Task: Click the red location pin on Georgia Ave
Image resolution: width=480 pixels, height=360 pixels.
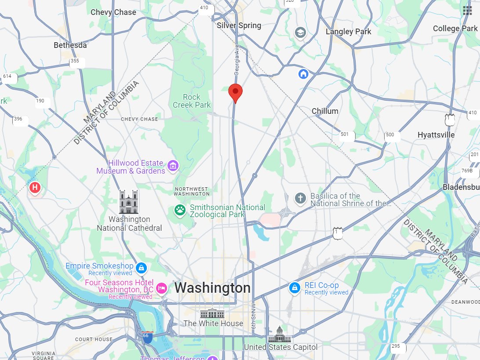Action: click(235, 92)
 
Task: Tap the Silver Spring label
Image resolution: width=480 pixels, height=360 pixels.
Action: click(239, 25)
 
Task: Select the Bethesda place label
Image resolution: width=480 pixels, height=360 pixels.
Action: click(70, 45)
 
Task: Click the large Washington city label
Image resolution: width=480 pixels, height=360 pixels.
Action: click(213, 288)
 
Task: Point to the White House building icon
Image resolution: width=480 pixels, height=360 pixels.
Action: click(212, 314)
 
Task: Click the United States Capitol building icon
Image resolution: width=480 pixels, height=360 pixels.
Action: click(280, 334)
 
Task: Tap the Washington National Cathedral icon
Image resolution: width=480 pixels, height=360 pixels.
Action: click(129, 202)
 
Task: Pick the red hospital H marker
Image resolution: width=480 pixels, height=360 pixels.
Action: click(35, 188)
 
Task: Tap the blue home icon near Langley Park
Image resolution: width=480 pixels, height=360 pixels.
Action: click(303, 73)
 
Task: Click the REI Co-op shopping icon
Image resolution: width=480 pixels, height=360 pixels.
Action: click(295, 288)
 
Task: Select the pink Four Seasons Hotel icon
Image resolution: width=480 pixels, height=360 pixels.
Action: click(161, 288)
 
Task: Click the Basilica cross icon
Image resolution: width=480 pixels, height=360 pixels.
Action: click(300, 198)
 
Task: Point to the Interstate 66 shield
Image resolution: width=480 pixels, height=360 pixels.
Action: click(148, 337)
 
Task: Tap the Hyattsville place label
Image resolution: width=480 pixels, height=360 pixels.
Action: click(436, 135)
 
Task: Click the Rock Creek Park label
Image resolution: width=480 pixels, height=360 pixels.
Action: click(192, 101)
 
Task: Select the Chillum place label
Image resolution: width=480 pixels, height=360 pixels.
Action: click(325, 111)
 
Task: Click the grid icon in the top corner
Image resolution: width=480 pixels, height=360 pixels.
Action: click(467, 11)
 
